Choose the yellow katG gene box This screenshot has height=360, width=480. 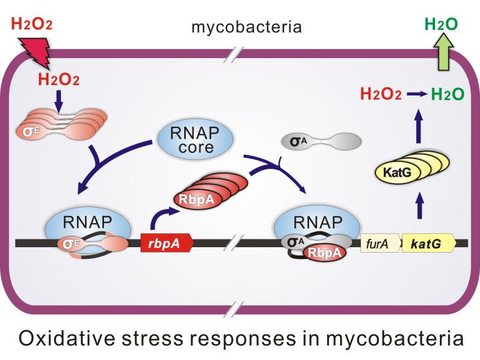pyautogui.click(x=427, y=244)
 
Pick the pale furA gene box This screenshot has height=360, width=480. pyautogui.click(x=379, y=244)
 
